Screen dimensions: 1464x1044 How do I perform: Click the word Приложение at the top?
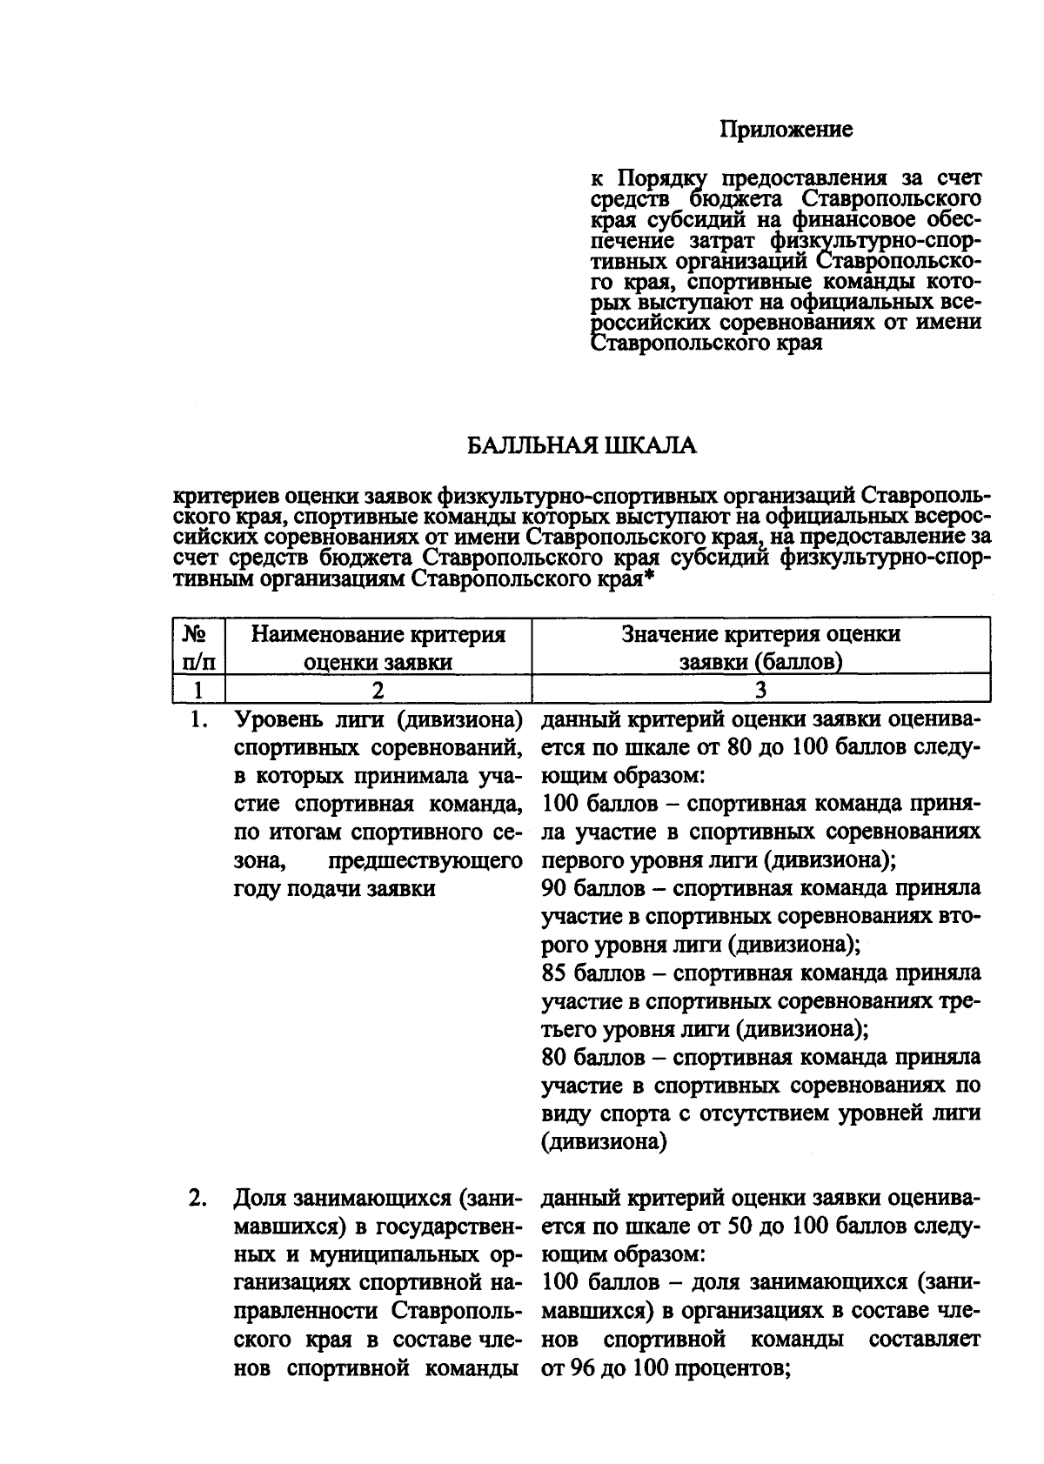[786, 130]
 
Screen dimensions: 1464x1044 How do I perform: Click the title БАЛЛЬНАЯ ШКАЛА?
[582, 446]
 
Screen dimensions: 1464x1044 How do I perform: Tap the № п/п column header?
[199, 647]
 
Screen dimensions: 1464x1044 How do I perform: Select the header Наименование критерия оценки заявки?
[378, 647]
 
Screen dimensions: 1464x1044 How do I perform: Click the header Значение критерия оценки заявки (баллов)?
[760, 647]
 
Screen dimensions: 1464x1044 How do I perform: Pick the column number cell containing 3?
[760, 691]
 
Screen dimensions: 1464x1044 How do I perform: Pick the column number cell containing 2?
[378, 691]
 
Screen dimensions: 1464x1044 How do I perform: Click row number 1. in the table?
[200, 720]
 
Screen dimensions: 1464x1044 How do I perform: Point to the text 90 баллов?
[592, 889]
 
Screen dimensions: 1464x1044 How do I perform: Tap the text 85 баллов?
[592, 973]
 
